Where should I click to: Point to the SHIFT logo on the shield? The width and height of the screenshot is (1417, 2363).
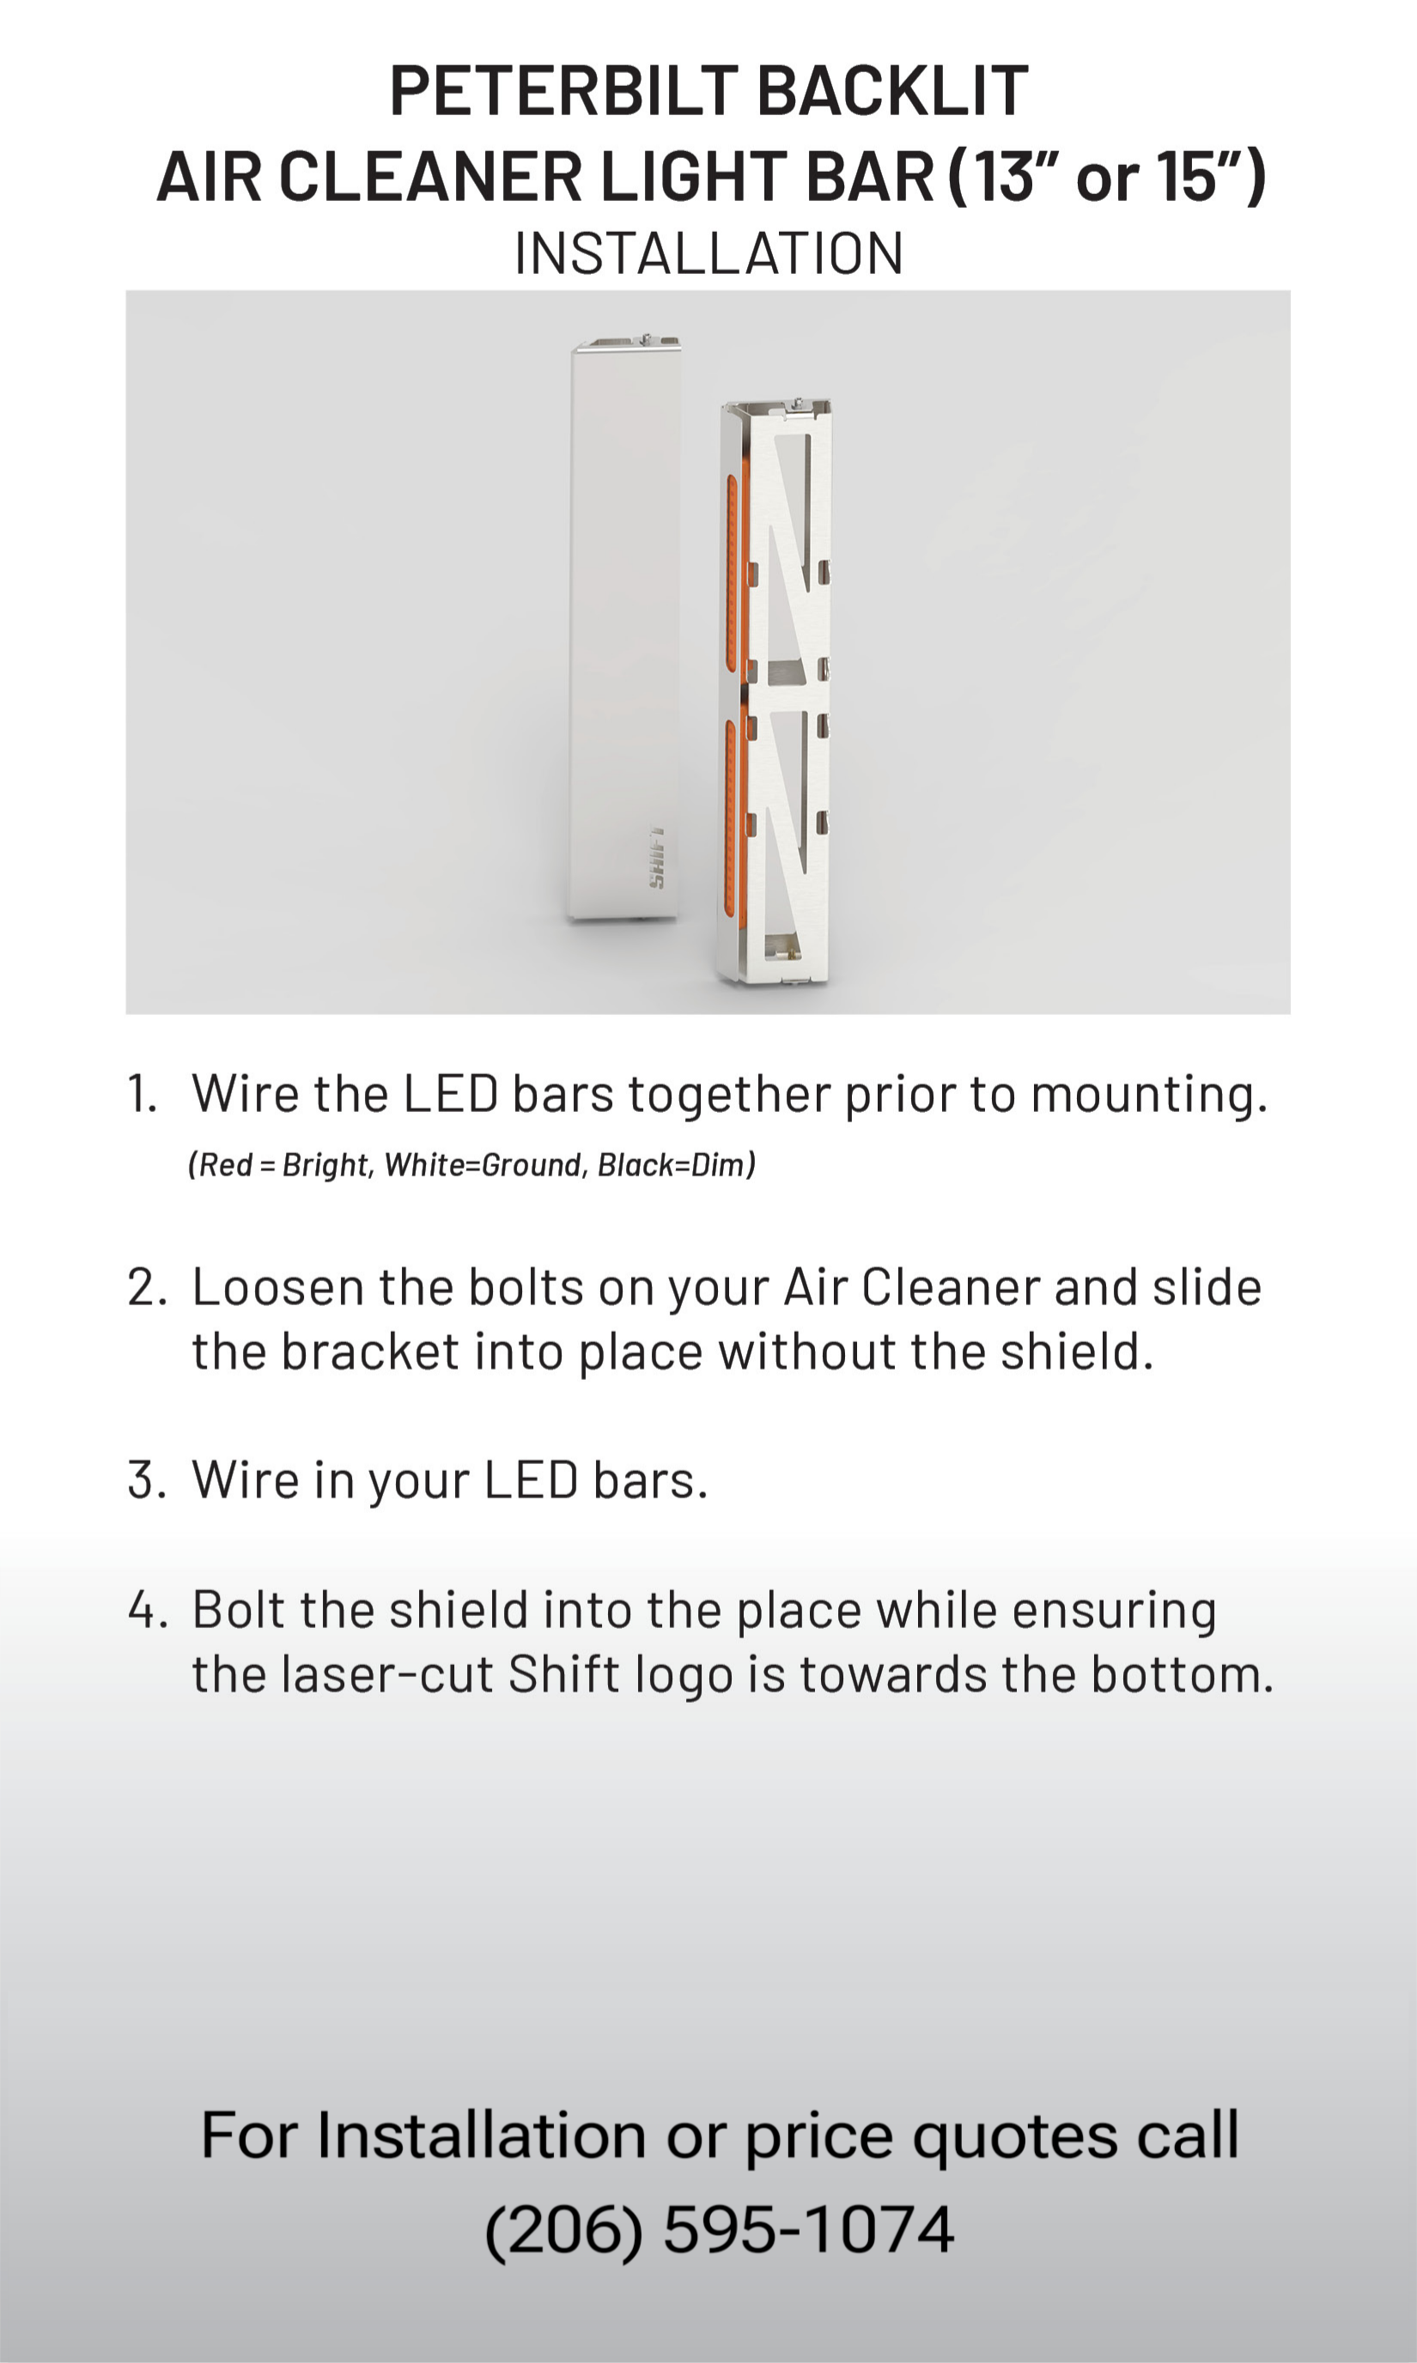click(x=657, y=858)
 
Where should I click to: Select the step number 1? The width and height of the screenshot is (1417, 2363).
click(x=142, y=1094)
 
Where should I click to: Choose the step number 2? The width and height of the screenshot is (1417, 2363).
click(x=147, y=1287)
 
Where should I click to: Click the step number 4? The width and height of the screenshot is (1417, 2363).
click(x=148, y=1610)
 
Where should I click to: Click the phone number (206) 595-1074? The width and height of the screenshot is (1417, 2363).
click(x=720, y=2230)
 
